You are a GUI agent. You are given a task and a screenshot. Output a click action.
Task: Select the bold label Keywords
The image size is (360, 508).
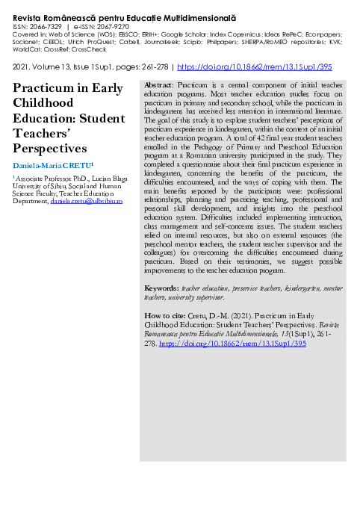tap(161, 288)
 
